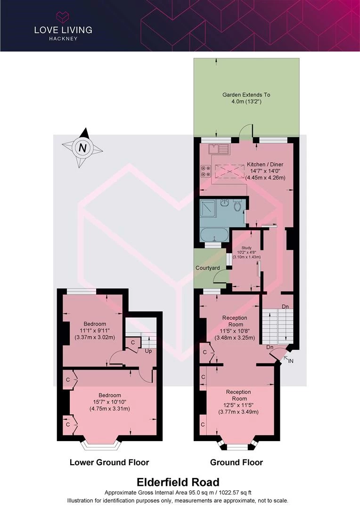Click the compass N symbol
click(82, 148)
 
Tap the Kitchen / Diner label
click(265, 164)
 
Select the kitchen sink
click(219, 148)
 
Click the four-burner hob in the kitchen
click(206, 171)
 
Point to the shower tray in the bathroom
click(208, 208)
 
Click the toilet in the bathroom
click(237, 205)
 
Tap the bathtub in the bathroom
click(214, 234)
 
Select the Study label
click(247, 248)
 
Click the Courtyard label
click(207, 268)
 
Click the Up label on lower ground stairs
click(148, 351)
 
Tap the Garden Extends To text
click(246, 95)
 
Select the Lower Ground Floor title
click(109, 462)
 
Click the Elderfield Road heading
click(178, 482)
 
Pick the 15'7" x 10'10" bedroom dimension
click(110, 402)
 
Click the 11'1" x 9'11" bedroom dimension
click(95, 330)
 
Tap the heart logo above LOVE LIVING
click(63, 17)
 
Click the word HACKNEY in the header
click(63, 39)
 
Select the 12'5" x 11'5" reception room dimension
click(238, 405)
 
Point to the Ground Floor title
click(237, 462)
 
